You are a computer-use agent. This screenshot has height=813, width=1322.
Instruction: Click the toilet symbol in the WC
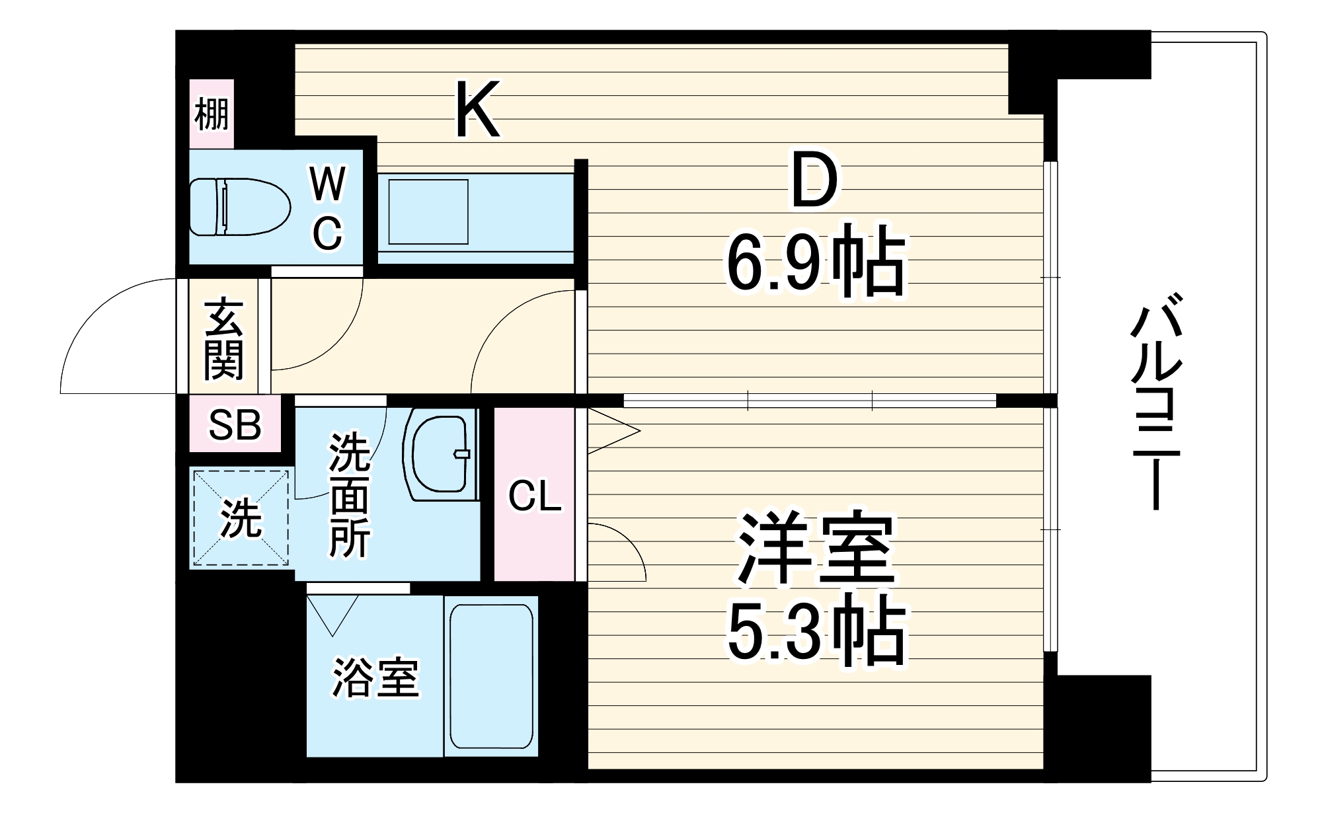click(x=239, y=207)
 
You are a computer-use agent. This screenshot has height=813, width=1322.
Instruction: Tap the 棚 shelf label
click(x=212, y=114)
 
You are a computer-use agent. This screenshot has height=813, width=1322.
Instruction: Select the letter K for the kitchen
click(x=477, y=110)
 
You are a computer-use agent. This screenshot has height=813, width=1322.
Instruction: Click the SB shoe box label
click(x=235, y=425)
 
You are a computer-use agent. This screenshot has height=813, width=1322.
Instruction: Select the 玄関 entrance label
click(x=223, y=340)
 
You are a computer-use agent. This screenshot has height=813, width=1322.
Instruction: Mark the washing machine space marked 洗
click(x=240, y=518)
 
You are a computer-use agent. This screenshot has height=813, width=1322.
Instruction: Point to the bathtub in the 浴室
click(x=490, y=676)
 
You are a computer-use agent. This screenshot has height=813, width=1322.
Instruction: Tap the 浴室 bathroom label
click(x=375, y=677)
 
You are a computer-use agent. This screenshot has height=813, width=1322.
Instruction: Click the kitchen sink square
click(x=428, y=212)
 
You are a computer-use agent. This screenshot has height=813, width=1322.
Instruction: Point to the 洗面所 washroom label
click(x=349, y=494)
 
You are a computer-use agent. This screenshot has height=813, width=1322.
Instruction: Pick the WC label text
click(x=328, y=208)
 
